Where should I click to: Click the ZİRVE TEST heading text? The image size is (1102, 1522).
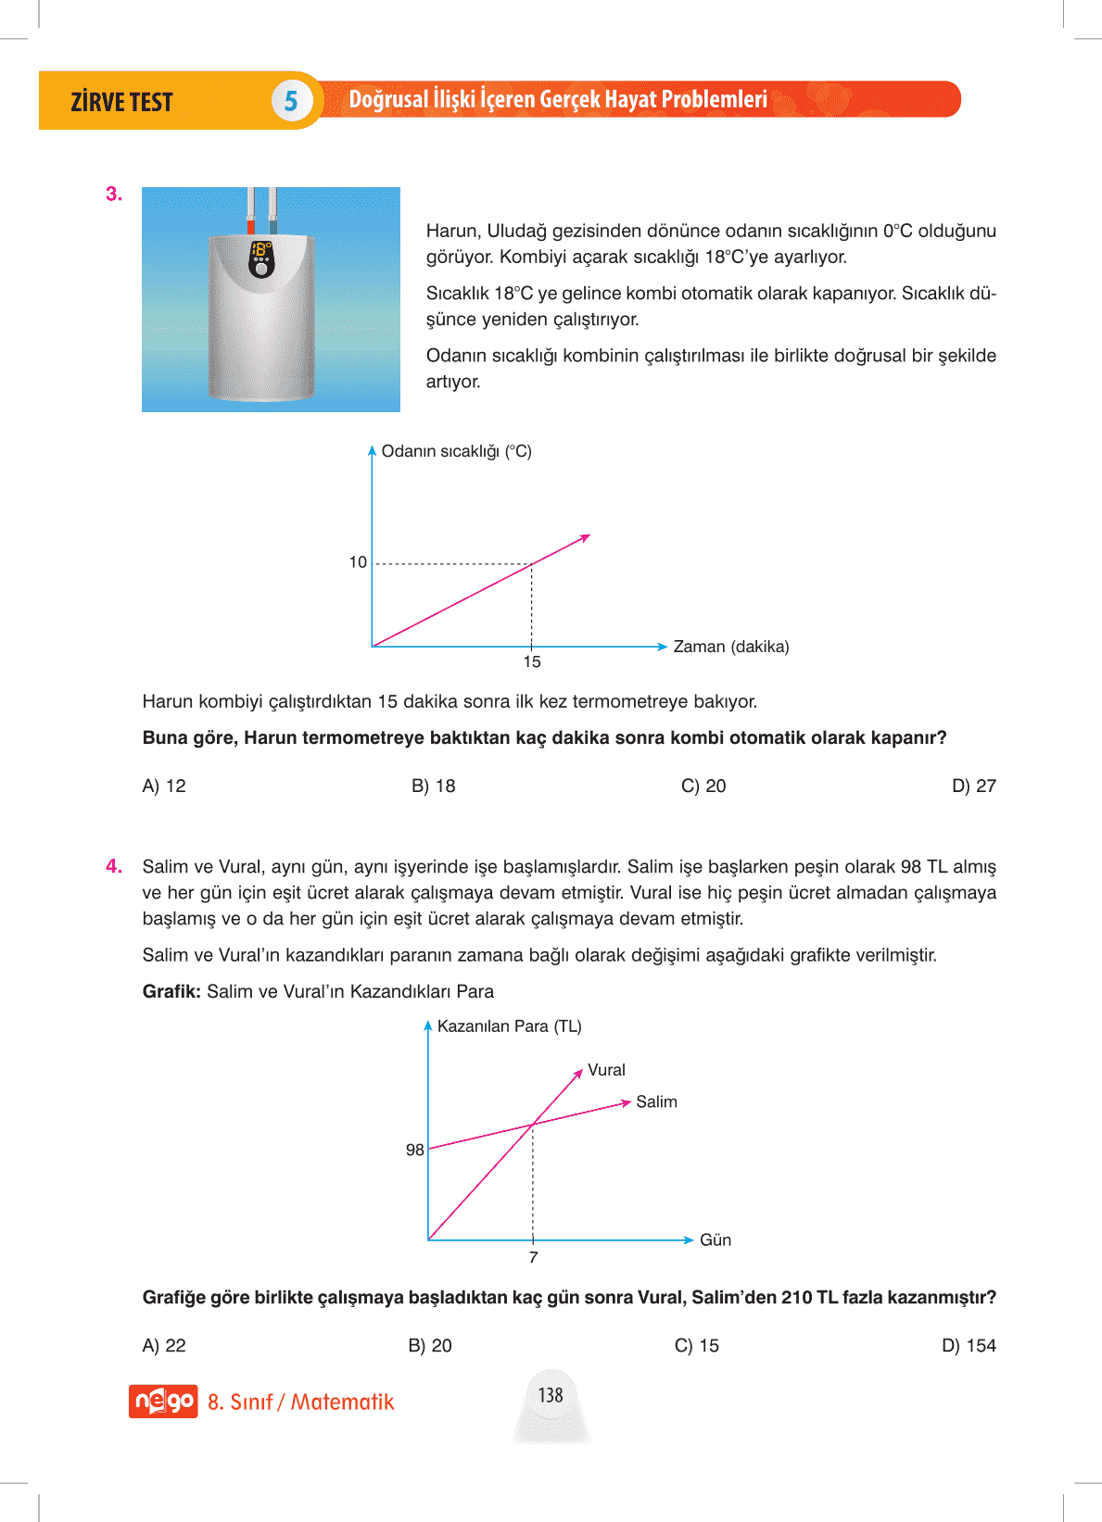click(121, 102)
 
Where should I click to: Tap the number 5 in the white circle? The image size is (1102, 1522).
click(291, 101)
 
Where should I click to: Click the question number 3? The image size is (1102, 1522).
click(114, 195)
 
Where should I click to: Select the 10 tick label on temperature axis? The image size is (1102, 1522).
click(358, 562)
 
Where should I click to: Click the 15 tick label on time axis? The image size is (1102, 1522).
click(532, 661)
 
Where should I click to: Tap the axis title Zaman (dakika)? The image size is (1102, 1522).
click(731, 647)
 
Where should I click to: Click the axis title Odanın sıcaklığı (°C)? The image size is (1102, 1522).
click(456, 451)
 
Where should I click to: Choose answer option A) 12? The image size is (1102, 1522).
click(164, 786)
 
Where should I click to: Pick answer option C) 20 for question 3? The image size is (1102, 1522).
click(703, 786)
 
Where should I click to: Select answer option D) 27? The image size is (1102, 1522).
click(973, 786)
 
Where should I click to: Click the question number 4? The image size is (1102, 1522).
click(114, 866)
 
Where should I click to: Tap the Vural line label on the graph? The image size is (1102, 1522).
click(606, 1070)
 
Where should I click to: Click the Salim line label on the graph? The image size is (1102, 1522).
click(656, 1101)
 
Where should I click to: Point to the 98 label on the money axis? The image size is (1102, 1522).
click(414, 1150)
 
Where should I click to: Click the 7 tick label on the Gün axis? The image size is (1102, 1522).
click(533, 1257)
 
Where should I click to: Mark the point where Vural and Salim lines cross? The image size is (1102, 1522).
click(533, 1125)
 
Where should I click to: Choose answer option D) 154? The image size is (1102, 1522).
click(969, 1345)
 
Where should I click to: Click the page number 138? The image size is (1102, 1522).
click(551, 1395)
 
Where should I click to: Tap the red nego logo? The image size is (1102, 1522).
click(163, 1401)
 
